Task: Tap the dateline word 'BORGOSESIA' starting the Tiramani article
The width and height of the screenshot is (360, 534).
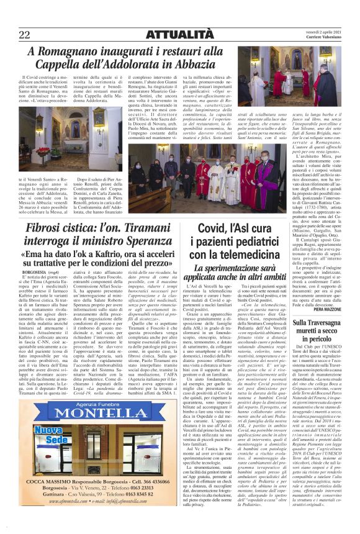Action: [x=34, y=272]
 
